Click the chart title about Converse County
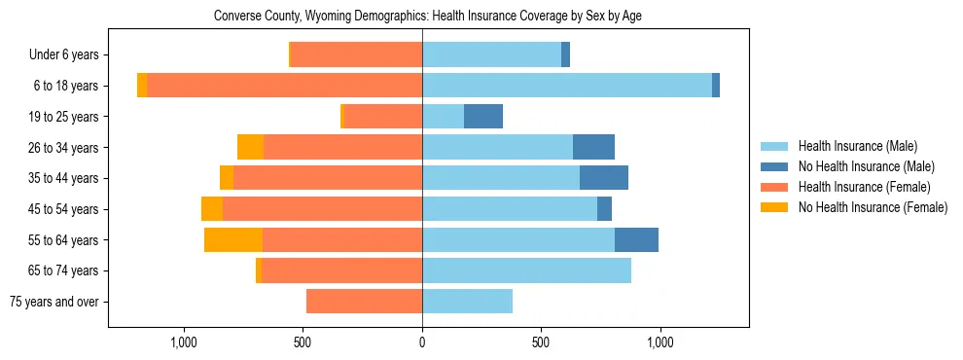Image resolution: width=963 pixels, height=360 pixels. [x=427, y=17]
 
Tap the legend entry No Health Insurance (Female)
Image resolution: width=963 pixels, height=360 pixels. [x=873, y=207]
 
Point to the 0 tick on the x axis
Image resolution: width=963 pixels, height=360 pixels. [x=422, y=342]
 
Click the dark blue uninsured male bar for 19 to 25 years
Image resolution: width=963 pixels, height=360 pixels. [x=483, y=117]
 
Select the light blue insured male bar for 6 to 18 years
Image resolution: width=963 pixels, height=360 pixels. [x=567, y=86]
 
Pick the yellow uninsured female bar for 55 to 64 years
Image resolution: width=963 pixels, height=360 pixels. [x=233, y=240]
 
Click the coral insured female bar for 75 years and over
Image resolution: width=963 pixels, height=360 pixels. [x=364, y=302]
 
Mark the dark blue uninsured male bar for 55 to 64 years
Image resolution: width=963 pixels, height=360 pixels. [x=636, y=240]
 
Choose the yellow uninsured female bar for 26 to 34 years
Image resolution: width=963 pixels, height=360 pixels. [x=250, y=148]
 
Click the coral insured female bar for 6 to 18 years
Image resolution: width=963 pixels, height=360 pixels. [x=284, y=86]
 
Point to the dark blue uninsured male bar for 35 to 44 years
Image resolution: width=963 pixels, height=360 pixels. [x=604, y=178]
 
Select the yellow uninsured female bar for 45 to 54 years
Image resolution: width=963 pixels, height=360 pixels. [x=212, y=209]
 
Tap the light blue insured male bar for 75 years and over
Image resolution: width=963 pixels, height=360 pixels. [x=467, y=302]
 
